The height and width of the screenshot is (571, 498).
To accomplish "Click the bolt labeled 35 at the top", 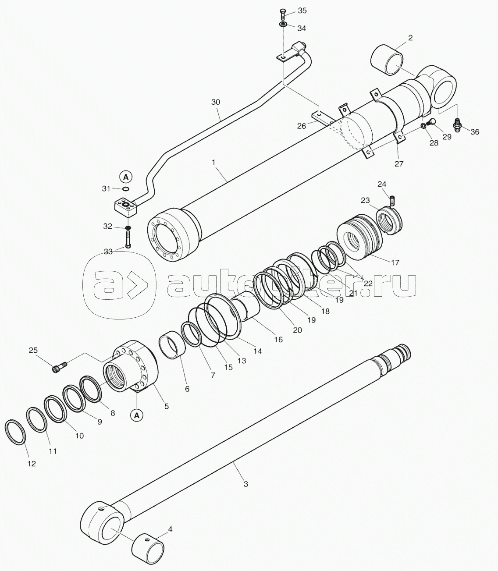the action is click(282, 14).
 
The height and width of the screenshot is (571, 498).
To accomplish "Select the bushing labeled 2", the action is click(387, 60).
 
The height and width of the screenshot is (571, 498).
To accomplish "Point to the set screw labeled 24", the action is click(391, 201).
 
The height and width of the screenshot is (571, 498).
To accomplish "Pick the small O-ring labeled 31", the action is click(126, 189).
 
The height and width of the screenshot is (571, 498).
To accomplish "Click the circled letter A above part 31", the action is click(126, 177).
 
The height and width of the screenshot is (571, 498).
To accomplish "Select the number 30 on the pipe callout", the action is click(216, 102).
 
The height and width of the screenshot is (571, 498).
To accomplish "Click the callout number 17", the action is click(395, 262).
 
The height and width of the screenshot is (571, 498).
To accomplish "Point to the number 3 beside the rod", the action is click(245, 484).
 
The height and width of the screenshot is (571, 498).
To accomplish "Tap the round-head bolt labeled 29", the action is click(430, 122).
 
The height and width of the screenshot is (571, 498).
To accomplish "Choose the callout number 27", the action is click(399, 163).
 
